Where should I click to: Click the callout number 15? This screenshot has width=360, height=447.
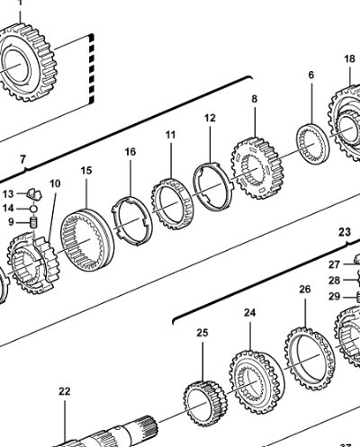86,171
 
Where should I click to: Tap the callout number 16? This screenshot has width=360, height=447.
130,152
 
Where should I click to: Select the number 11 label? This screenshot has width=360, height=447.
170,135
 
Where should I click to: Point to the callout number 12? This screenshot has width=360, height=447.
210,118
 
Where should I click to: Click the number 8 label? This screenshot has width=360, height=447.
255,99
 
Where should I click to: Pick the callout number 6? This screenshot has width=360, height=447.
311,75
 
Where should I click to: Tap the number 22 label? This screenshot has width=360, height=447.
64,391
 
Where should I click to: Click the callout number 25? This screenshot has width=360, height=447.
202,333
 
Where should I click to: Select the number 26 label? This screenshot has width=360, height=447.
305,290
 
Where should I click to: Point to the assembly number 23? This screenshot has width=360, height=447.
345,232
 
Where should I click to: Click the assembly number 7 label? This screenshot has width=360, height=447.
23,159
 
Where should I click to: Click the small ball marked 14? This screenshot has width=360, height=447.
33,208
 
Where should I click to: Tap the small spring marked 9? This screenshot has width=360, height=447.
34,223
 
